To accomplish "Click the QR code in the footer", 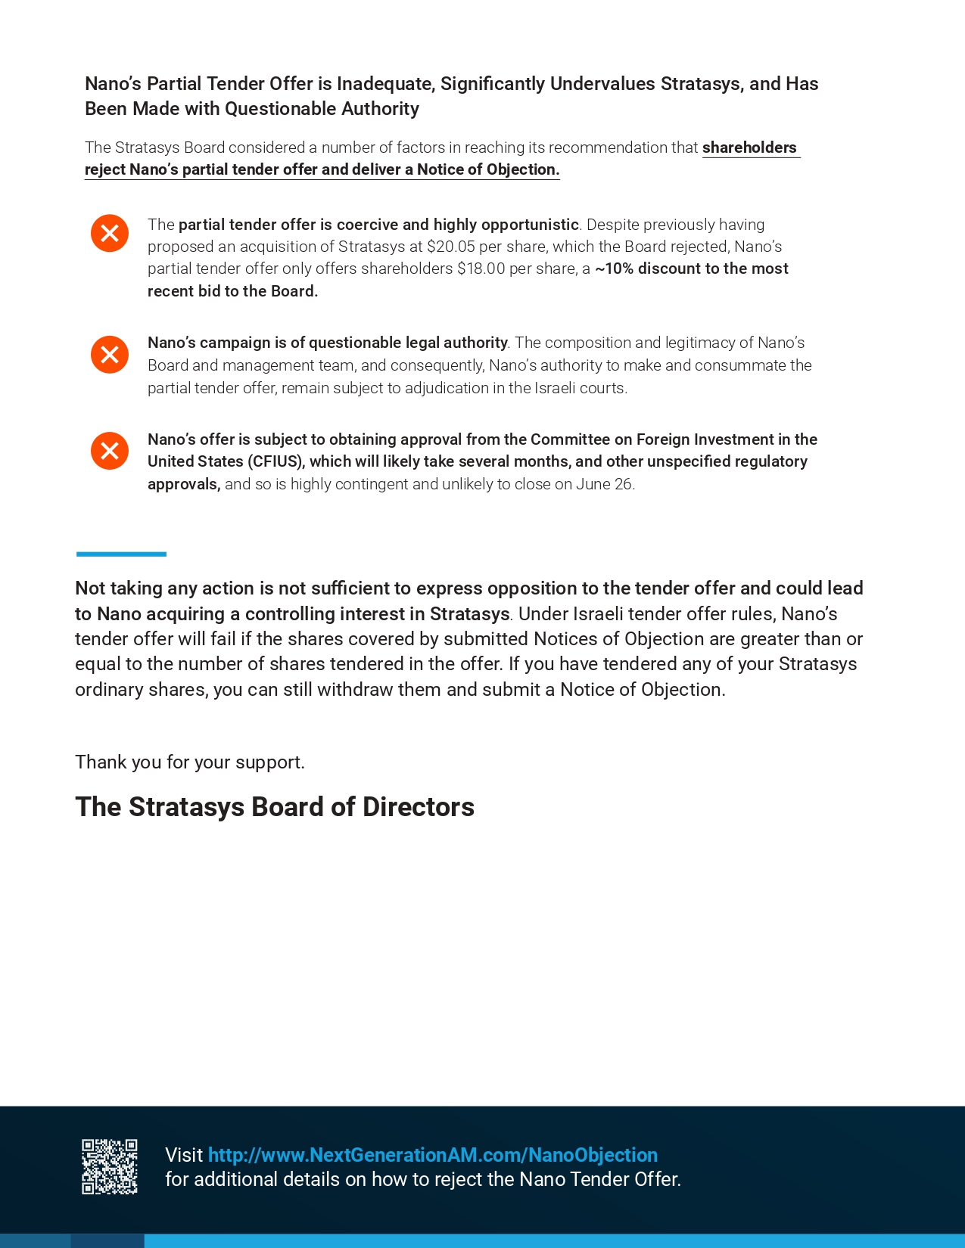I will [x=110, y=1166].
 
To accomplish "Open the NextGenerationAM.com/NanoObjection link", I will [x=432, y=1155].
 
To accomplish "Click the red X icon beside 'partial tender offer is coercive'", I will [x=110, y=233].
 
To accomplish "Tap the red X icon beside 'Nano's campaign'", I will [x=110, y=355].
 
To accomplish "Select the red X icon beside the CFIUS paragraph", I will [x=110, y=451].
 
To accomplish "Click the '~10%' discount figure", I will [x=614, y=269].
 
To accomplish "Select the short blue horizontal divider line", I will [x=121, y=554].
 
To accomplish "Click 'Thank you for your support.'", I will [x=190, y=762].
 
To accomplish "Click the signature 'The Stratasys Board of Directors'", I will [x=275, y=807].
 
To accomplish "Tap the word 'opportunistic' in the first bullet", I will [x=530, y=225].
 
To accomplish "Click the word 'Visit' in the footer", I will [x=184, y=1155].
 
